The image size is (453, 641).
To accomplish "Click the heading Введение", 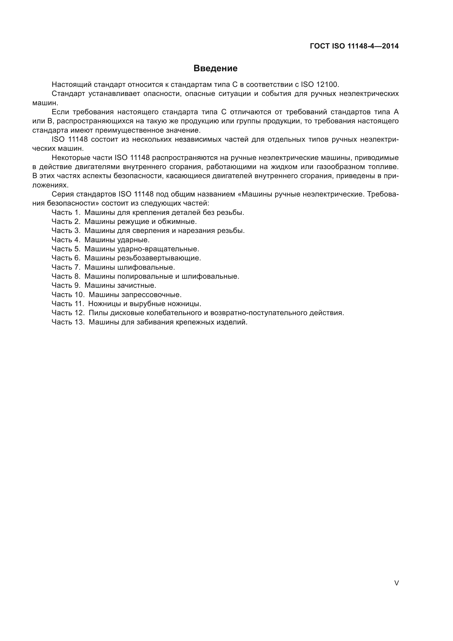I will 215,68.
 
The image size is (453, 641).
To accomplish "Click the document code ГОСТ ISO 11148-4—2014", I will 354,46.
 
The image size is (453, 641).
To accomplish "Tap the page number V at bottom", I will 396,583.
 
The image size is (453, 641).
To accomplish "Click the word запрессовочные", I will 151,295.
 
